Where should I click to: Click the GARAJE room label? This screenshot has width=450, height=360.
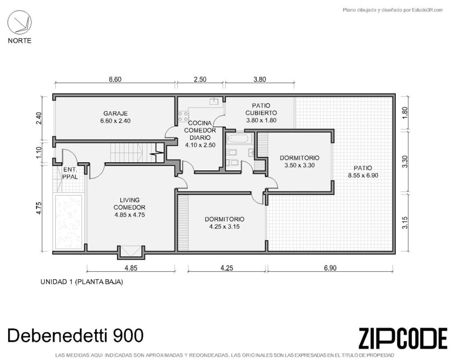(115, 113)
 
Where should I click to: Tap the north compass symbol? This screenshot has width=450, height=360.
(19, 22)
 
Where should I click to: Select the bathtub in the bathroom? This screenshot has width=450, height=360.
(238, 139)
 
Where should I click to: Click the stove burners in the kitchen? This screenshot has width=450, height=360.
(184, 117)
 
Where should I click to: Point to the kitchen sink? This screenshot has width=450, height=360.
(214, 101)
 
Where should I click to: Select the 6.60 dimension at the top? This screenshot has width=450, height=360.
(115, 79)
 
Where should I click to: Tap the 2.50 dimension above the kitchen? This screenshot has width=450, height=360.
(200, 79)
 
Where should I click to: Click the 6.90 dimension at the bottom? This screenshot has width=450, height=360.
(330, 268)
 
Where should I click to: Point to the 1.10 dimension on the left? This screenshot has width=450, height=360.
(39, 153)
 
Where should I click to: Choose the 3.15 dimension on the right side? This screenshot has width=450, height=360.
(405, 223)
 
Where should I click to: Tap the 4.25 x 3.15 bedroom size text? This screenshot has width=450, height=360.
(224, 227)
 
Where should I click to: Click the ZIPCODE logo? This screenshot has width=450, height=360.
(403, 338)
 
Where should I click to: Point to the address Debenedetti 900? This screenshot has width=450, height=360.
(75, 335)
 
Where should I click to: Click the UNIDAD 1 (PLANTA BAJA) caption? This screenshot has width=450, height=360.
(82, 282)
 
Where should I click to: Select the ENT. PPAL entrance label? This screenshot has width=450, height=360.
(70, 174)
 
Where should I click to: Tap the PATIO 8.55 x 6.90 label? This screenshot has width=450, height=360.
(363, 172)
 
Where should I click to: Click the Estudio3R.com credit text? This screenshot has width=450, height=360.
(393, 10)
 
